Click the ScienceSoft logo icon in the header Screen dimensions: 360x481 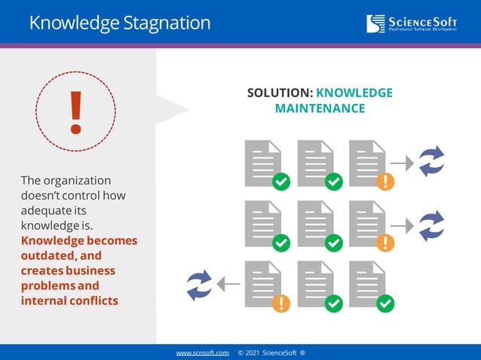pos(375,23)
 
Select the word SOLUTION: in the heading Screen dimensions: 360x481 pos(280,93)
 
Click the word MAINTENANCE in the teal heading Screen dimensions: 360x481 pos(320,108)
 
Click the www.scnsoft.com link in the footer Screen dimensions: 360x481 pos(203,352)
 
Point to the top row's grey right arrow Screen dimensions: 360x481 pos(403,162)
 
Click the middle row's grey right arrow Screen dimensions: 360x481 pos(403,224)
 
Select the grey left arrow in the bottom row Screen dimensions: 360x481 pos(228,284)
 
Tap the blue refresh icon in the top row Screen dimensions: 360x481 pos(432,161)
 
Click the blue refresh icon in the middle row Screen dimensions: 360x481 pos(432,224)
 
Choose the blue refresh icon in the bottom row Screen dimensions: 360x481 pos(199,284)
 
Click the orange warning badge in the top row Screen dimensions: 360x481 pos(384,182)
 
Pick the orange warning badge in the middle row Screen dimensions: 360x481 pos(384,243)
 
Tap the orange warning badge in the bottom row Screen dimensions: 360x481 pos(281,303)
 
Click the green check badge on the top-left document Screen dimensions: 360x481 pos(281,182)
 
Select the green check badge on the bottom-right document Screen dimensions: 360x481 pos(384,303)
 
